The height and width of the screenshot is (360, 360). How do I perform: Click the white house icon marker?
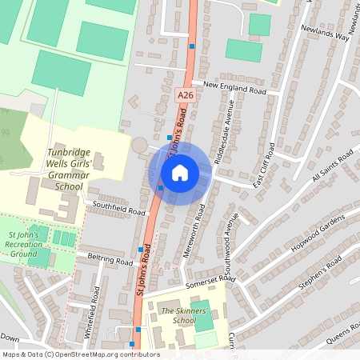(x=180, y=172)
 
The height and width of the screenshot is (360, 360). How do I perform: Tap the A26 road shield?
(x=185, y=95)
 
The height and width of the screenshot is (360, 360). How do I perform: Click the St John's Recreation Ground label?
(x=23, y=244)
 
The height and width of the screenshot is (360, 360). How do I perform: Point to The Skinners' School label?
(x=178, y=315)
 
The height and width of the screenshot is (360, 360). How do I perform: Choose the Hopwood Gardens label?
(x=318, y=231)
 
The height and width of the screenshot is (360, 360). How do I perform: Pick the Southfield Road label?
(x=119, y=209)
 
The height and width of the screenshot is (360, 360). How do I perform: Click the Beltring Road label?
(x=110, y=261)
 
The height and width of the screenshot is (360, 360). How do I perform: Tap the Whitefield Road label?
(x=94, y=311)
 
